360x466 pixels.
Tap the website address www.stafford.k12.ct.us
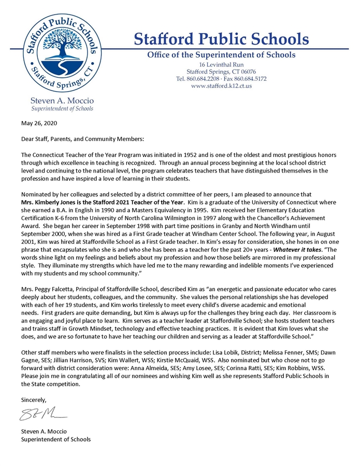[221, 86]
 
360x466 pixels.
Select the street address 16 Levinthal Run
[221, 64]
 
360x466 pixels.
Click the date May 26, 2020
[37, 124]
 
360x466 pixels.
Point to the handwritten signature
[44, 415]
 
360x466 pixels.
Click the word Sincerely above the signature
[34, 399]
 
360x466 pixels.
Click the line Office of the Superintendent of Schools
[221, 55]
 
